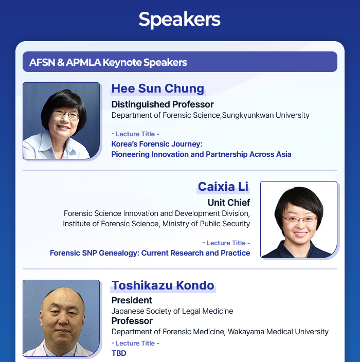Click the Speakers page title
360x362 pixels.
coord(179,20)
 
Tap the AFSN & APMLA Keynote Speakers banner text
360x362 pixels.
coord(108,62)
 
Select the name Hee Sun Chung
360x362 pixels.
coord(158,88)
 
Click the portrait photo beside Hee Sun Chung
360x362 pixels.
coord(61,121)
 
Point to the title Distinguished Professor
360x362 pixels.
coord(163,104)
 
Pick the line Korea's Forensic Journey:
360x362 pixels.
coord(157,144)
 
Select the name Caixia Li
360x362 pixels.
coord(223,187)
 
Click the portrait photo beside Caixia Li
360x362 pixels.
coord(299,220)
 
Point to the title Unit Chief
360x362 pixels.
coord(229,203)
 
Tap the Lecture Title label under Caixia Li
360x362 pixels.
coord(226,243)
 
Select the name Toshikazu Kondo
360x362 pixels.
coord(163,285)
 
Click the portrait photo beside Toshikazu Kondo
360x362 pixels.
coord(61,318)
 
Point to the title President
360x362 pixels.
coord(132,300)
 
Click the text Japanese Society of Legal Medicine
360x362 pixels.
coord(172,311)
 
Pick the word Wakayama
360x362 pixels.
coord(246,332)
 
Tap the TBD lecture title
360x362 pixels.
coord(119,353)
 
